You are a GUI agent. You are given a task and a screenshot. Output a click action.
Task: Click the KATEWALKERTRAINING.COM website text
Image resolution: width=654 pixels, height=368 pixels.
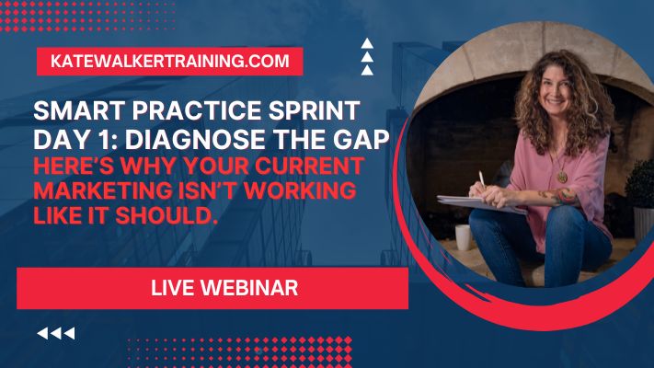click(170, 61)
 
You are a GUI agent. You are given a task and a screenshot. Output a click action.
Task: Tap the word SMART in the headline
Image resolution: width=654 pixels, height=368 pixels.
click(79, 110)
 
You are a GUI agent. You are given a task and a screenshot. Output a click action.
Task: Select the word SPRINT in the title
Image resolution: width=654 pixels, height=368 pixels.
click(314, 110)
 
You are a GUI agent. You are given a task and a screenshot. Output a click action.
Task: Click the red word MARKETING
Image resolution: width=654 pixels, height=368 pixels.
click(103, 190)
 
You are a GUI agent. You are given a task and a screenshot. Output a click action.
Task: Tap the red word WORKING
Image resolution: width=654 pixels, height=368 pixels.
click(300, 190)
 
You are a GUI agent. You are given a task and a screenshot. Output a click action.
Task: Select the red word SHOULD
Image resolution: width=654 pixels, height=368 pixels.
click(166, 215)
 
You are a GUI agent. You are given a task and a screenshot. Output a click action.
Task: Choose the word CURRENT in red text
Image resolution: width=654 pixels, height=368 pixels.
click(309, 166)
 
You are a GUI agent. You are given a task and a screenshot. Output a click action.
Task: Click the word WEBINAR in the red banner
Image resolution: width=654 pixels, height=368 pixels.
click(249, 288)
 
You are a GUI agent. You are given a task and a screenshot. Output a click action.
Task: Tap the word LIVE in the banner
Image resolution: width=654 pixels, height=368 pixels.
click(172, 288)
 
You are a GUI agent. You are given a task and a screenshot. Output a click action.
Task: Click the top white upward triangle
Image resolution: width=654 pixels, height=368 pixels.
click(367, 43)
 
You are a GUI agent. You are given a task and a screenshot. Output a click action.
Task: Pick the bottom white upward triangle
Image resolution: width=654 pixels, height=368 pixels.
click(367, 70)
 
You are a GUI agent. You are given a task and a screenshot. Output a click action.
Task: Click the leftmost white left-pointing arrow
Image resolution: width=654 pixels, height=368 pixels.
click(42, 333)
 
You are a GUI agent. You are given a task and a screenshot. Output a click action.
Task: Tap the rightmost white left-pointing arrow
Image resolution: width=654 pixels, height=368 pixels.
click(70, 333)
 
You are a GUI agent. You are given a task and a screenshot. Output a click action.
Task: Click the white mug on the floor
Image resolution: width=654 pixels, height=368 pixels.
click(464, 237)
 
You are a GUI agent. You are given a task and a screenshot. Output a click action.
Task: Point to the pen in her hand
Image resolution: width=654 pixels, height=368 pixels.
click(482, 178)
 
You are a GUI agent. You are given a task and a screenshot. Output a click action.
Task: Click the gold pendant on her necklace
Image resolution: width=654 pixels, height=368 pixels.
click(562, 177)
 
